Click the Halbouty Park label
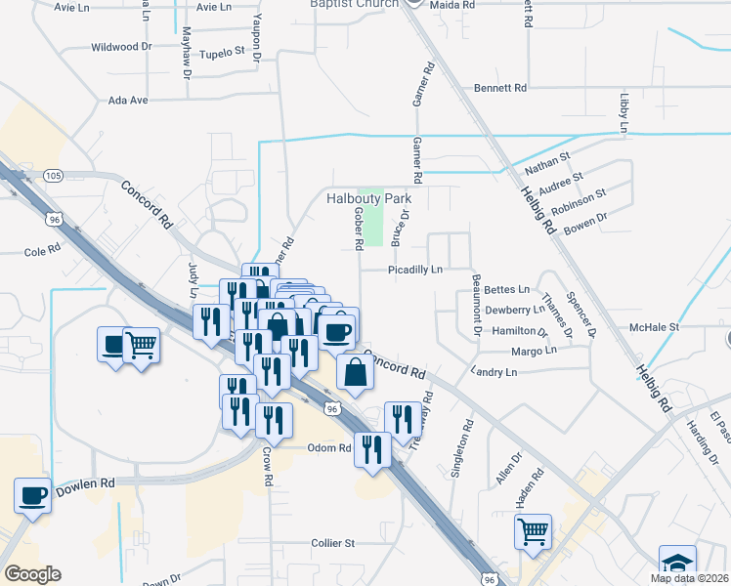[368, 198]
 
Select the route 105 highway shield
[54, 176]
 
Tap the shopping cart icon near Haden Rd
[533, 531]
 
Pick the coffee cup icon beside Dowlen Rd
[33, 494]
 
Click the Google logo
[32, 574]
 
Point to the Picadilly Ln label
[415, 269]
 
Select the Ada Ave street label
[128, 101]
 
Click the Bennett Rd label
[500, 88]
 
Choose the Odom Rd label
[329, 448]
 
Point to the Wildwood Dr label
[121, 46]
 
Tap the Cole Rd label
[42, 251]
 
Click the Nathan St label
[550, 155]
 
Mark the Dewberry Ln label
[515, 310]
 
